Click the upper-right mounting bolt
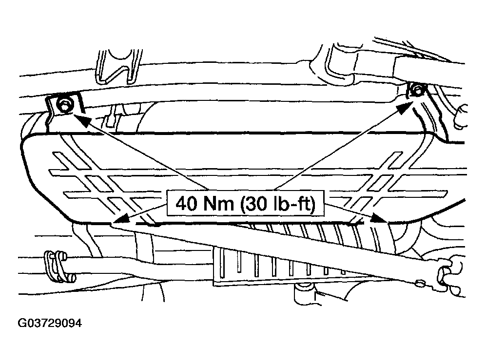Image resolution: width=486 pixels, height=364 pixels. (x=416, y=90)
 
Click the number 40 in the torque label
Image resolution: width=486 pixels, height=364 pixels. (x=186, y=204)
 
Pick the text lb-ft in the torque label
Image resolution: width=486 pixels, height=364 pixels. (x=298, y=204)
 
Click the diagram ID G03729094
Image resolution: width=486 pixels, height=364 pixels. (x=49, y=323)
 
